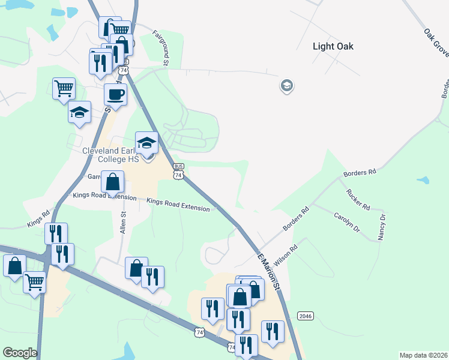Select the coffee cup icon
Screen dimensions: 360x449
[x=115, y=94]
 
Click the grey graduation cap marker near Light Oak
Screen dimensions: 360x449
[x=286, y=86]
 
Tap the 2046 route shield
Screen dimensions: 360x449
[x=306, y=316]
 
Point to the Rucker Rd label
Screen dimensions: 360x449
[x=358, y=200]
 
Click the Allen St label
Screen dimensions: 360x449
[x=123, y=223]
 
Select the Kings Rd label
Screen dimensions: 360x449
[x=38, y=218]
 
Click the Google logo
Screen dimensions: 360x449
[x=20, y=353]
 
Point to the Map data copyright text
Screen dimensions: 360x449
[x=423, y=355]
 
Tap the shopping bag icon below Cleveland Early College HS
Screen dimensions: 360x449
[x=113, y=181]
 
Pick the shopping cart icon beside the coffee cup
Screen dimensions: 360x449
[x=64, y=89]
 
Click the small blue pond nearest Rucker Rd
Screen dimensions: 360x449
[x=423, y=180]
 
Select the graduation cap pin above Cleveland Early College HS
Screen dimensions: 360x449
[x=146, y=143]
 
